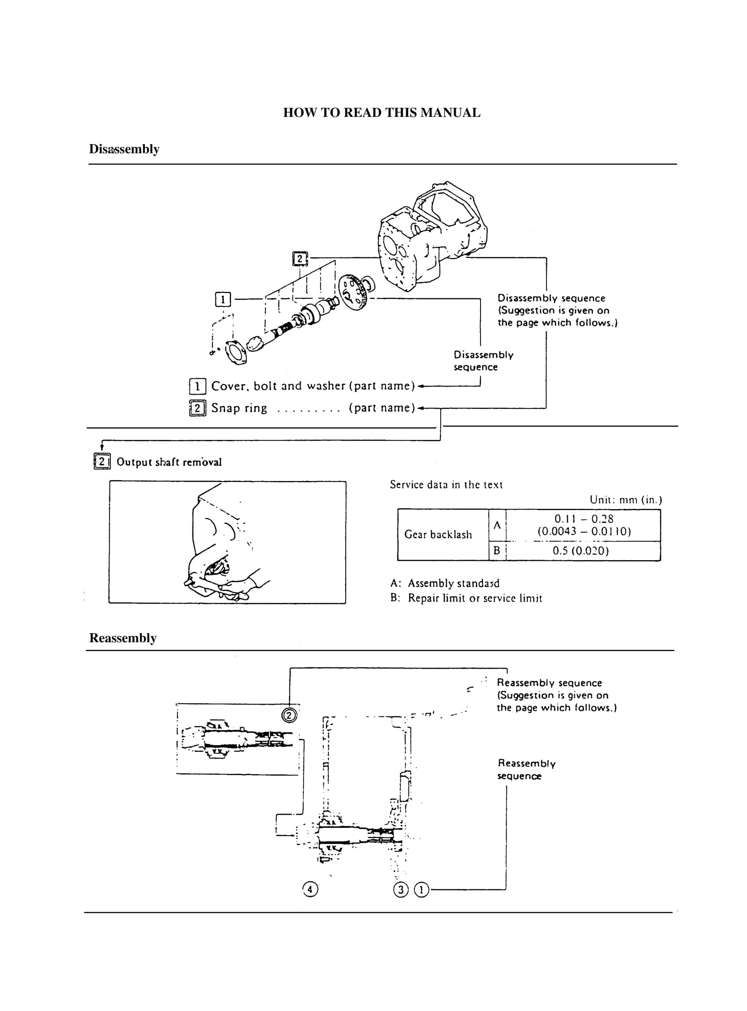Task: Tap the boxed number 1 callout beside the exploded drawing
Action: tap(222, 299)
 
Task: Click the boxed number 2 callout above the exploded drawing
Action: tap(300, 259)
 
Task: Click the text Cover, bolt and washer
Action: tap(278, 386)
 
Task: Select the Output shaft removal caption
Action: tap(169, 462)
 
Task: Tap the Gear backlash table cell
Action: tap(438, 535)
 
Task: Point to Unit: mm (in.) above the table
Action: tap(625, 500)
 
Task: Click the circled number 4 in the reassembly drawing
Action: tap(310, 889)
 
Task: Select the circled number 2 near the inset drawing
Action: tap(289, 716)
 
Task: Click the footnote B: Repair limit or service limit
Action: tap(466, 598)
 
